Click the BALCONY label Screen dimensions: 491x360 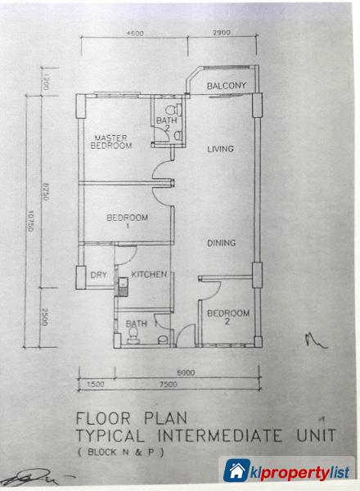click(x=226, y=85)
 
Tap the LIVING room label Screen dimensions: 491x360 click(x=221, y=149)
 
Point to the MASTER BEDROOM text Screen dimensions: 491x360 click(x=112, y=141)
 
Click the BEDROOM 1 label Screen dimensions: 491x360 click(x=127, y=221)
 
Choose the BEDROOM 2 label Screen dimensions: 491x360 click(x=228, y=317)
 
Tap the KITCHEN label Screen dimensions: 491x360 click(x=151, y=274)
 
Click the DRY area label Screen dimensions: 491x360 click(x=97, y=275)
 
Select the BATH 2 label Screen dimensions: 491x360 click(x=164, y=124)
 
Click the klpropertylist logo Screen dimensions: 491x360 click(x=290, y=471)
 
